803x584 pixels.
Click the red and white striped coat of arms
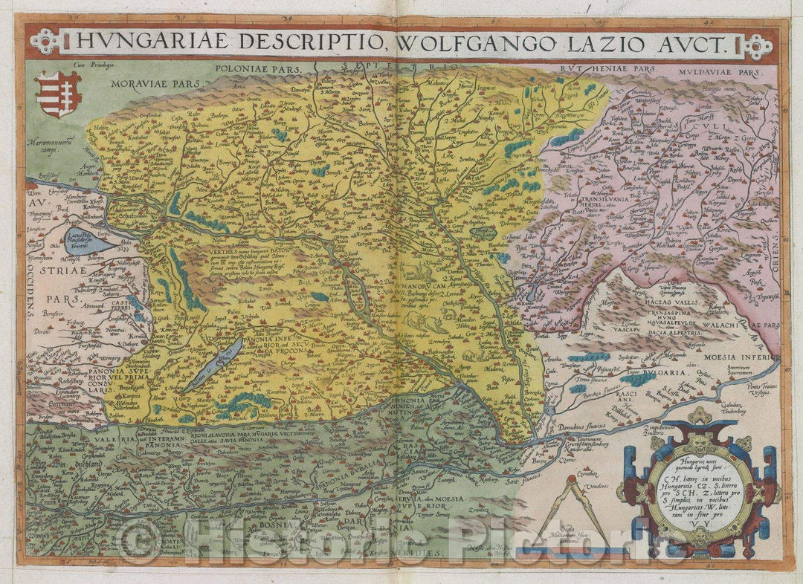(x=59, y=94)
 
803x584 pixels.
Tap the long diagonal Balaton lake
(x=215, y=364)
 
